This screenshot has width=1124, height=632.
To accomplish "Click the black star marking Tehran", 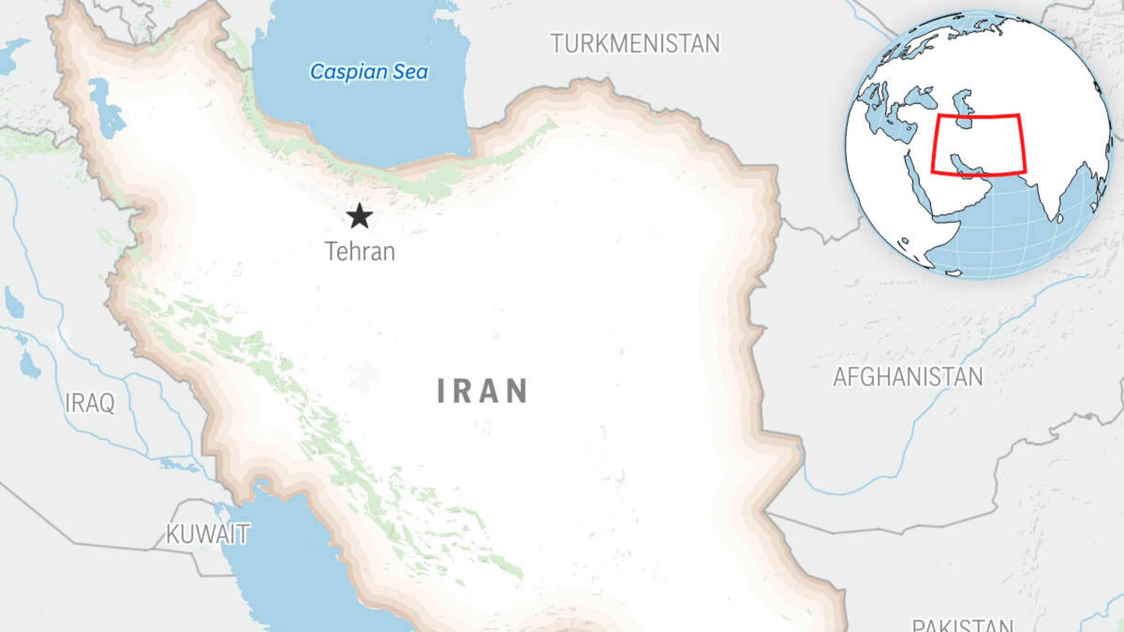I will click(359, 216).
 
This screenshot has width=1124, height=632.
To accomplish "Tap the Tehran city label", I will click(360, 252).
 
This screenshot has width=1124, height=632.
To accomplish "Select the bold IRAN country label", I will click(483, 391).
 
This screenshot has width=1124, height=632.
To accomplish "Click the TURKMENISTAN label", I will click(635, 44).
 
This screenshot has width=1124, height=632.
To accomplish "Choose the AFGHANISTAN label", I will click(908, 377).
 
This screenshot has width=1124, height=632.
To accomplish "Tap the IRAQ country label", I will click(90, 403).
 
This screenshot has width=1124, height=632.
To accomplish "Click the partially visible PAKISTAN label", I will click(962, 626).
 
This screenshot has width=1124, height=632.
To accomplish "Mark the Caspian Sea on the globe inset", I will click(962, 109).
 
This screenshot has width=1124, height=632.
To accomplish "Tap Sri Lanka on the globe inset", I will click(1060, 218).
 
